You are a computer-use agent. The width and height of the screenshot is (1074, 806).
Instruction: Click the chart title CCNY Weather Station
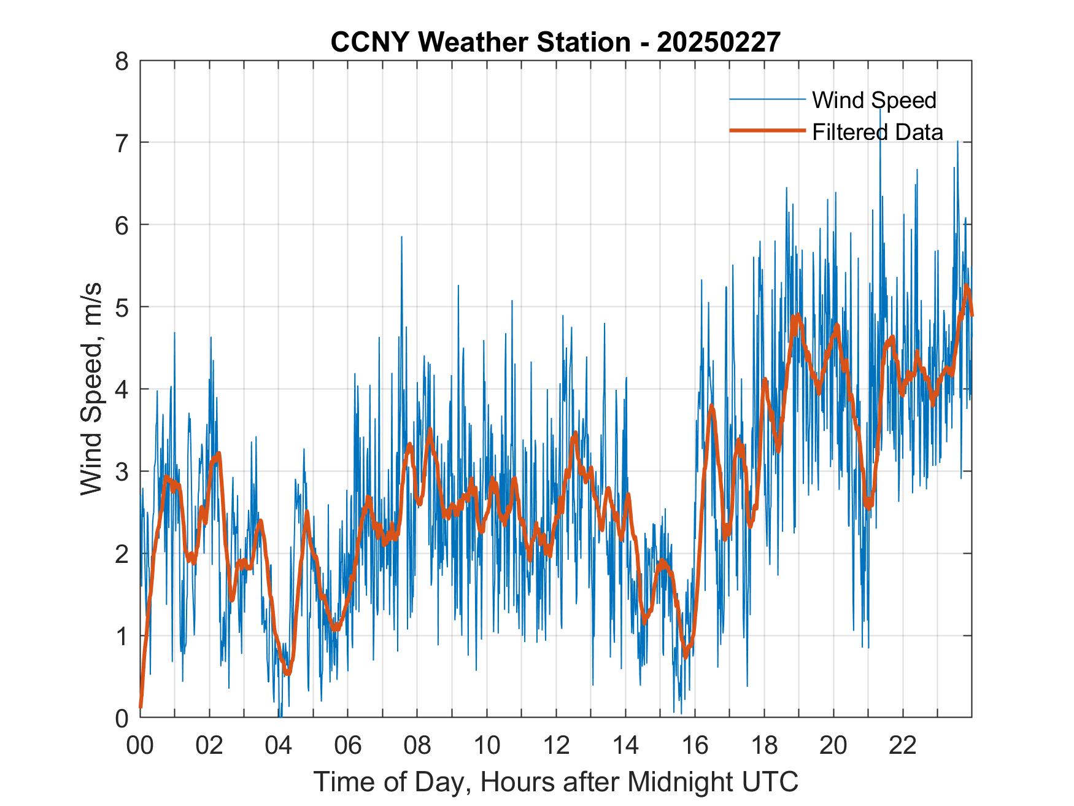[480, 43]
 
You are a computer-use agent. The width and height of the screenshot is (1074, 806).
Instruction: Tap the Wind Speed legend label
[874, 100]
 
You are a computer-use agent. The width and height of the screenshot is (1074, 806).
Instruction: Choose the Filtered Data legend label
[878, 132]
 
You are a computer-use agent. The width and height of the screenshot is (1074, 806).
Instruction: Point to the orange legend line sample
[767, 131]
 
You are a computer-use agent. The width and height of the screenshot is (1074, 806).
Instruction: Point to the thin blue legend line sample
[767, 99]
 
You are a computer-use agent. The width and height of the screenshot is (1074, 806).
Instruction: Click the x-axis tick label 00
[140, 746]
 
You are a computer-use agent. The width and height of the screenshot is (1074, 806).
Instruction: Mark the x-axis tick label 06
[348, 746]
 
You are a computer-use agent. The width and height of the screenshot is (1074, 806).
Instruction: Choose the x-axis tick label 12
[556, 746]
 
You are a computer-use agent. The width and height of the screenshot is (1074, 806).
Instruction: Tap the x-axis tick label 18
[764, 746]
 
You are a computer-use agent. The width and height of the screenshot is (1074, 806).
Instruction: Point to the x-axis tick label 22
[903, 746]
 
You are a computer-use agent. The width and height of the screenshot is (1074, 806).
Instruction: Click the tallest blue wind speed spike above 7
[880, 109]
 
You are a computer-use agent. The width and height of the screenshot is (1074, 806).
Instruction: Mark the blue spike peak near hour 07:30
[401, 237]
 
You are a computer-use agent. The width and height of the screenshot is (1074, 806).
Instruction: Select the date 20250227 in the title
[719, 43]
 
